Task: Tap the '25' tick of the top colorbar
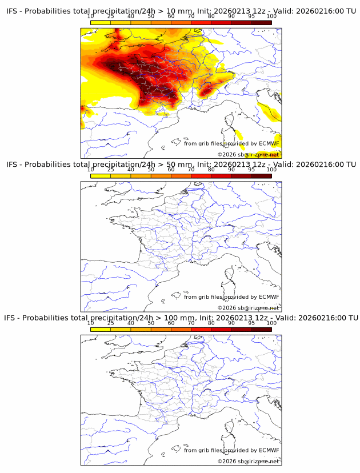tap(111, 16)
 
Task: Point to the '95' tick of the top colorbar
tap(251, 16)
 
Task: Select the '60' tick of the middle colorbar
tap(171, 169)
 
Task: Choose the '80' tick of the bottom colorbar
tap(211, 323)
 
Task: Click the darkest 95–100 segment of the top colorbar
tap(261, 22)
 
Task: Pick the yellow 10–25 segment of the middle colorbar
tap(101, 175)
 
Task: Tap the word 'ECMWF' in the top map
tap(269, 143)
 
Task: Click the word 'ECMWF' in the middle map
tap(269, 296)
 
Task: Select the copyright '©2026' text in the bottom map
tap(227, 461)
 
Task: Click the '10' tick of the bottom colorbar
tap(91, 323)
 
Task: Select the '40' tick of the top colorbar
tap(131, 16)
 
